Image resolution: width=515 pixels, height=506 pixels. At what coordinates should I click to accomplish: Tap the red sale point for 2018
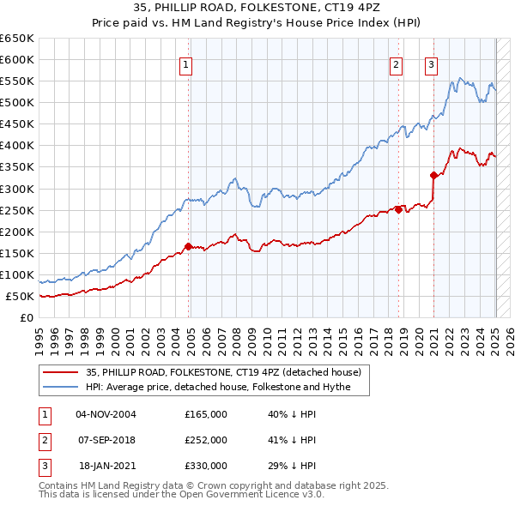pos(399,208)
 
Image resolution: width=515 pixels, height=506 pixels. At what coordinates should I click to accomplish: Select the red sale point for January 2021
pos(434,175)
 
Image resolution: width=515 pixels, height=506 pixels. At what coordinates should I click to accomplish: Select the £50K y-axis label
pos(21,296)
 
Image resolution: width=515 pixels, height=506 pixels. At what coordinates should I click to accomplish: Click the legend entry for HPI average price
pos(227,387)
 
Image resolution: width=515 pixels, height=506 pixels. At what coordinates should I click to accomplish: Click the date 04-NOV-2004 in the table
pos(106,413)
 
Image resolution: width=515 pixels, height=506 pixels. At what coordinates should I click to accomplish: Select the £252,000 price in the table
pos(206,440)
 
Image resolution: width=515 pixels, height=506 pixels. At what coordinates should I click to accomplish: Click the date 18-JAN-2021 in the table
pos(106,466)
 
